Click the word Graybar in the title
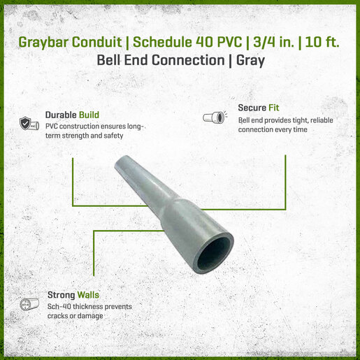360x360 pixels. pos(43,43)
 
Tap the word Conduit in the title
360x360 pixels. pos(96,42)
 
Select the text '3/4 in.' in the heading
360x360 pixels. pos(273,42)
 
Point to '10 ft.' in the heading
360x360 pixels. pos(322,42)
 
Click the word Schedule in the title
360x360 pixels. pos(162,42)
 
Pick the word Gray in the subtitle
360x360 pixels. pos(250,61)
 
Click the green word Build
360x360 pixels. pos(89,115)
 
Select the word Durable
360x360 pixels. pos(61,115)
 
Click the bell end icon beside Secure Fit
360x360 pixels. pos(215,117)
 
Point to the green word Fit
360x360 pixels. pos(273,108)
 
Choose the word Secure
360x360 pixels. pos(252,108)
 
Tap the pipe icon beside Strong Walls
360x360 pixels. pos(29,304)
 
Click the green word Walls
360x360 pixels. pos(88,295)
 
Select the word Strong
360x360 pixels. pos(62,295)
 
